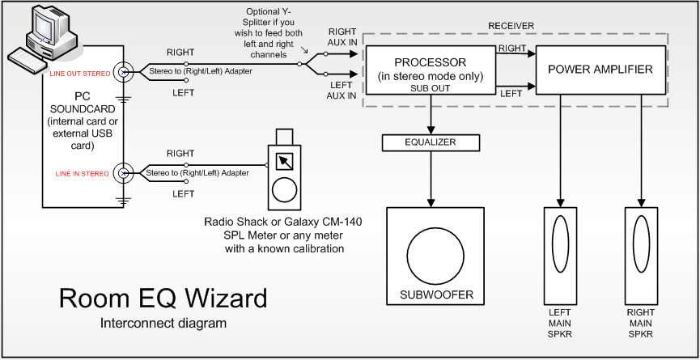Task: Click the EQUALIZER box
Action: pos(431,142)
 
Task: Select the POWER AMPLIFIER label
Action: pos(600,70)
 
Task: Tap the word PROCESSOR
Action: pos(431,62)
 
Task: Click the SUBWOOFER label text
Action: pos(436,294)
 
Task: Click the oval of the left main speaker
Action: pos(560,244)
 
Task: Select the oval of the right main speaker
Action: pos(641,244)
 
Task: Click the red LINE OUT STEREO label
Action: pos(79,73)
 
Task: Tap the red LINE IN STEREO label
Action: pos(83,174)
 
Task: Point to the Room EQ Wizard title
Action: pos(163,298)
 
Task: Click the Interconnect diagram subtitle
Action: pos(163,323)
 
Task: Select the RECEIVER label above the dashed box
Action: pos(511,26)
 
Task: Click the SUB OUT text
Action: pos(431,88)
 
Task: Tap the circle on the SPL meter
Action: pos(284,191)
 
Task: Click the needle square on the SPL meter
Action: pos(284,162)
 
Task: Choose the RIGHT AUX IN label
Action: pos(342,36)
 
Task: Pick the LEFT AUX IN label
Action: pos(341,90)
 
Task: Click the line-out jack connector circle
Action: pos(124,72)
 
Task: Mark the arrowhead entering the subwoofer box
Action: pos(431,202)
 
